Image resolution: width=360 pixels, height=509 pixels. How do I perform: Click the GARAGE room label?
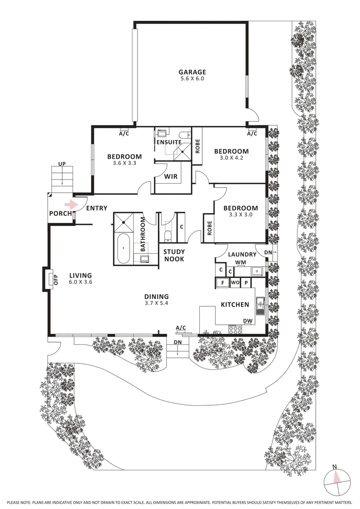pos(192,72)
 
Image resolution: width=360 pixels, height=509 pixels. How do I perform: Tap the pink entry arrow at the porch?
pos(70,205)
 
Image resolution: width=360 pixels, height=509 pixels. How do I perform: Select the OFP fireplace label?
pos(54,279)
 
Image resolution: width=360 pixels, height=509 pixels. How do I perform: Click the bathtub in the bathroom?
pos(124,247)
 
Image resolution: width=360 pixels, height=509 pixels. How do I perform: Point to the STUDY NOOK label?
pos(174,255)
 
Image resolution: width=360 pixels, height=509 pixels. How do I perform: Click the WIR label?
pos(171,177)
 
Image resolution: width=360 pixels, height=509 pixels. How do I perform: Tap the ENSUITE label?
pos(169,142)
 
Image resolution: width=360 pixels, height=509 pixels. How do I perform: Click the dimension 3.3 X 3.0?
pos(240,215)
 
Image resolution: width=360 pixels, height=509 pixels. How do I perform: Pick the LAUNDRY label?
pos(242,254)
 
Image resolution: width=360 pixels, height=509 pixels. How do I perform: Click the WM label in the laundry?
pos(240,262)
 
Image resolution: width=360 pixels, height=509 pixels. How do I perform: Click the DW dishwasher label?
pos(247,321)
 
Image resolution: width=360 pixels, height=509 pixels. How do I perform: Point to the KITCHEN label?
pos(235,304)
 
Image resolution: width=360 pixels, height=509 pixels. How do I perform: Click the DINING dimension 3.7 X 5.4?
pos(157,304)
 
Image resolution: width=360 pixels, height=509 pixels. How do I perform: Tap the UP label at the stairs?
pos(62,164)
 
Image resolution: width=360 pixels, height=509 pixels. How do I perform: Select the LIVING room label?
pos(81,276)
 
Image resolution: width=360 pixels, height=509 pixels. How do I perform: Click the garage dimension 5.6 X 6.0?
pos(192,79)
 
